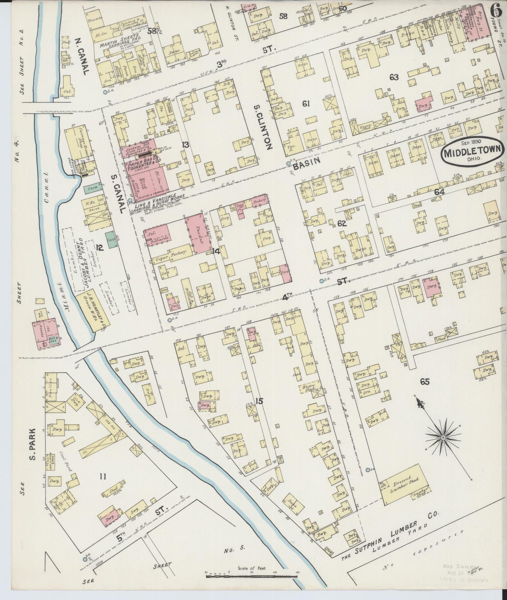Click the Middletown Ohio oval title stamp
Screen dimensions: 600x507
click(x=473, y=153)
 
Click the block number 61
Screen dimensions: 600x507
click(x=306, y=104)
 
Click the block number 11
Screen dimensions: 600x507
click(x=102, y=476)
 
